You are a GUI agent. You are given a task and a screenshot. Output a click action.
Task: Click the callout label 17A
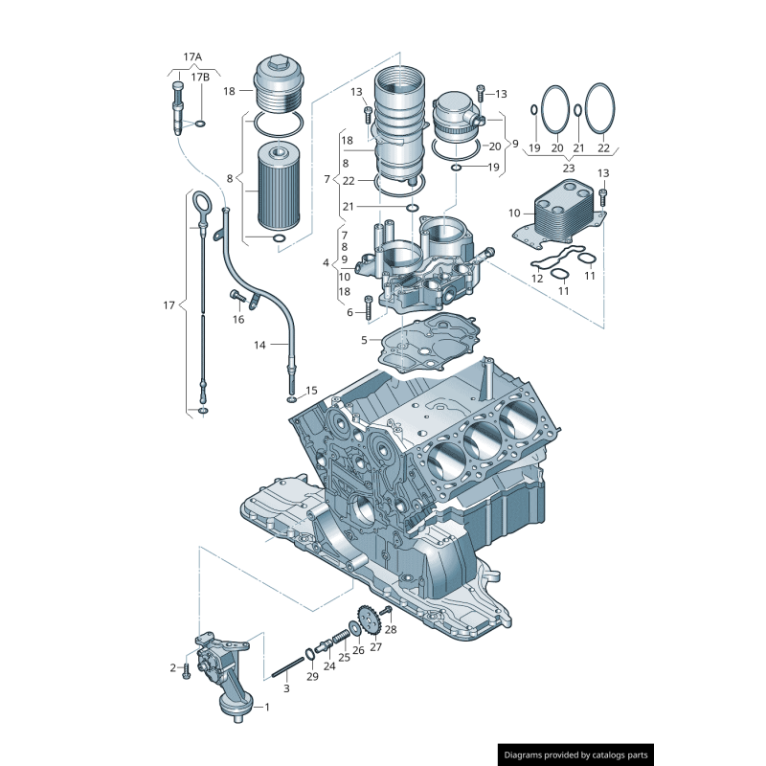[x=192, y=56]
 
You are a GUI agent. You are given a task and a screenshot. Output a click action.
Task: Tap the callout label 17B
[x=200, y=77]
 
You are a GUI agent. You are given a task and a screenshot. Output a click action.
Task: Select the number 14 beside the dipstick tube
[x=260, y=344]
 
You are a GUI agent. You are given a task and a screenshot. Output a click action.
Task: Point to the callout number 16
[x=237, y=319]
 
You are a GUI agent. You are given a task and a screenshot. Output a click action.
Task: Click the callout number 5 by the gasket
[x=364, y=340]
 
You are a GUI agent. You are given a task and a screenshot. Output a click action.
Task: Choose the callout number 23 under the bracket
[x=568, y=169]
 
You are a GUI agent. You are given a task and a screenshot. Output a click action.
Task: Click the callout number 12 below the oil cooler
[x=537, y=279]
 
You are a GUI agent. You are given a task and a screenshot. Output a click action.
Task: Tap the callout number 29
[x=312, y=677]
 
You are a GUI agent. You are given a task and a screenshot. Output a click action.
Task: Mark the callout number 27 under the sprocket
[x=375, y=647]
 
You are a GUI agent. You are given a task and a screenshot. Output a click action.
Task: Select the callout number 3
[x=285, y=688]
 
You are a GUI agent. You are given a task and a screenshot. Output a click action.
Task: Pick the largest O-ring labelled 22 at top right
[x=597, y=111]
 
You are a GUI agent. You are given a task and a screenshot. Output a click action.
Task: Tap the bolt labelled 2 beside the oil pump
[x=187, y=671]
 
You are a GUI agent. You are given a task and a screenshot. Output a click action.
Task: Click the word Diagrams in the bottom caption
[x=527, y=755]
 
